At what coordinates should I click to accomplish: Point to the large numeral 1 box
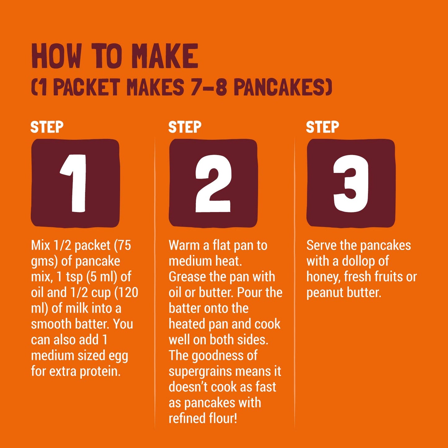point(75,183)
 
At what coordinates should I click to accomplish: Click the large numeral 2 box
point(213,183)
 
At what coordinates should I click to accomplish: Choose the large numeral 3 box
point(351,183)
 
